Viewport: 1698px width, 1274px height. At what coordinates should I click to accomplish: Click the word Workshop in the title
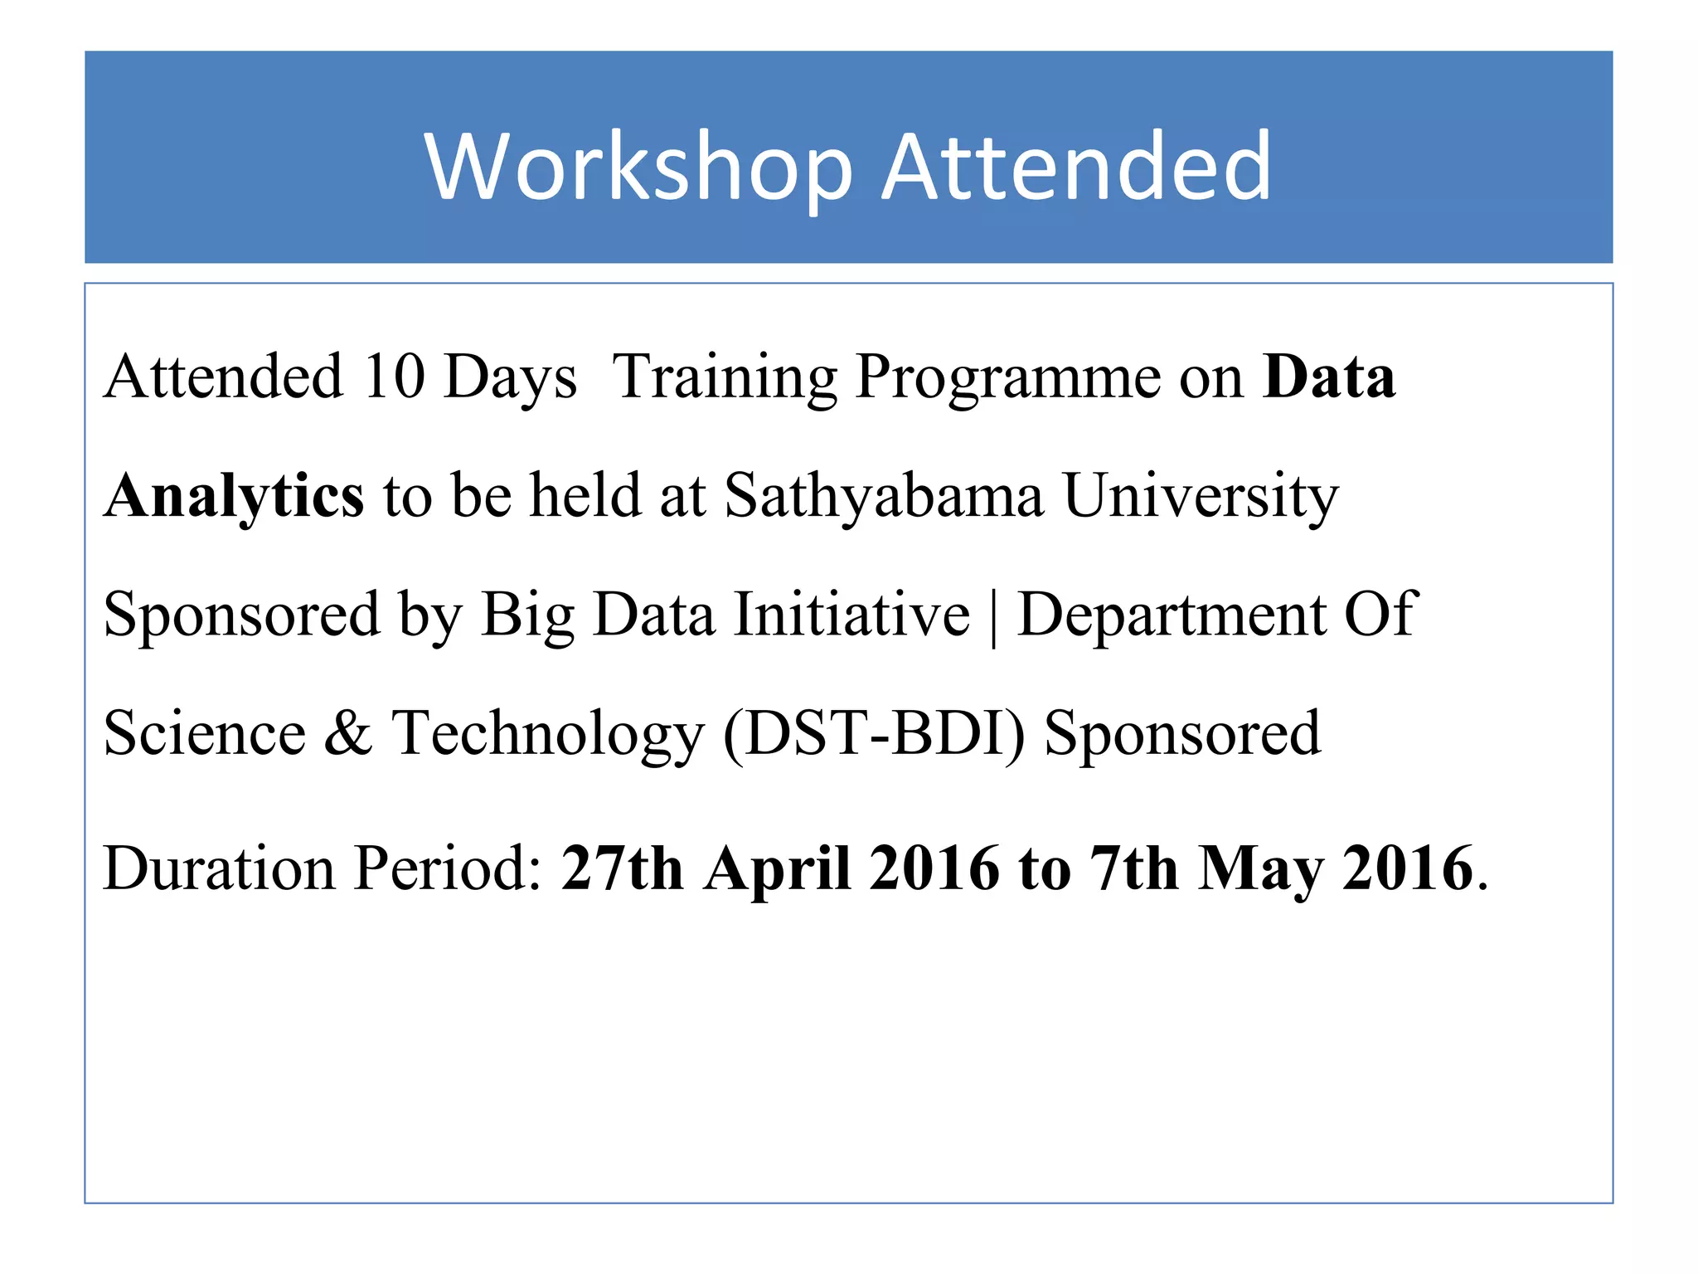click(638, 168)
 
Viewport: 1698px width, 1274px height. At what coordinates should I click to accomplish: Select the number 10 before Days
click(394, 377)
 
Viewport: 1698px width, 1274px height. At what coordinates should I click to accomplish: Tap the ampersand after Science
click(348, 733)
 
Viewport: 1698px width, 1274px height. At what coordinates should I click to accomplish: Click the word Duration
click(220, 868)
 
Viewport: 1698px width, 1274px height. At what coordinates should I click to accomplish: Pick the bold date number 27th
click(622, 868)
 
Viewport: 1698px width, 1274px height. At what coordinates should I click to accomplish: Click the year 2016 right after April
click(934, 868)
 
